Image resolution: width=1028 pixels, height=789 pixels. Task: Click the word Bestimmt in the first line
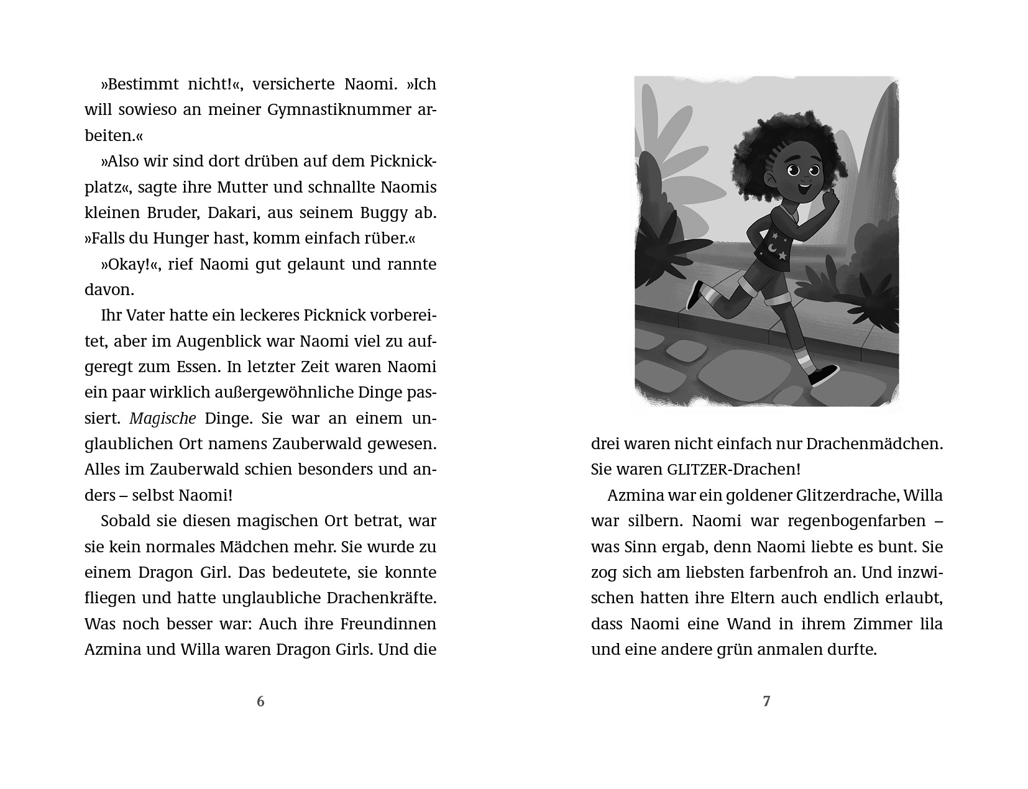[137, 84]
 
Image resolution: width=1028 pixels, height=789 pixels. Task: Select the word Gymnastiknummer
[320, 110]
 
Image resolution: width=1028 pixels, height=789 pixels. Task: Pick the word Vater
[145, 316]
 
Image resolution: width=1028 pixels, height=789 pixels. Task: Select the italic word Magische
[163, 419]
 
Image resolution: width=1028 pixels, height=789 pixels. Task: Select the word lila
[930, 624]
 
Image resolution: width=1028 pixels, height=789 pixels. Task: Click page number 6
[260, 701]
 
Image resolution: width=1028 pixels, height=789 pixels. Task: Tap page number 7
[766, 701]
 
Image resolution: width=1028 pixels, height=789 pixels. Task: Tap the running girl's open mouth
[805, 185]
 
